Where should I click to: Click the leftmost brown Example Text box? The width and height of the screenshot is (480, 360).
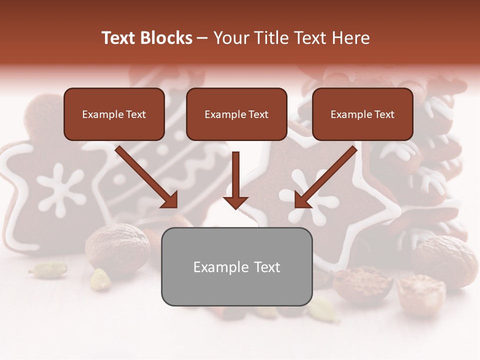114,114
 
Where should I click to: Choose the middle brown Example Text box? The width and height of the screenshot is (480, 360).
236,114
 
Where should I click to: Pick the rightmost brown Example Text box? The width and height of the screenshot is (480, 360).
362,114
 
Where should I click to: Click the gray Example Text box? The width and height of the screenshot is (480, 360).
236,266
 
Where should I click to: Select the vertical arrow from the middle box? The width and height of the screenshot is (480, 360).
235,180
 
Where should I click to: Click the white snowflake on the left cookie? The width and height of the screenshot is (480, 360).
60,189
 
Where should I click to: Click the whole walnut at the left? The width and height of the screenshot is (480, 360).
118,247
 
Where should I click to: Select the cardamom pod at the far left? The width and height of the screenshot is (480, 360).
48,269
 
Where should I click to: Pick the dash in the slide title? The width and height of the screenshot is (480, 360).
202,38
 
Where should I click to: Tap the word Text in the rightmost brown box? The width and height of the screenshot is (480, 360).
384,114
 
